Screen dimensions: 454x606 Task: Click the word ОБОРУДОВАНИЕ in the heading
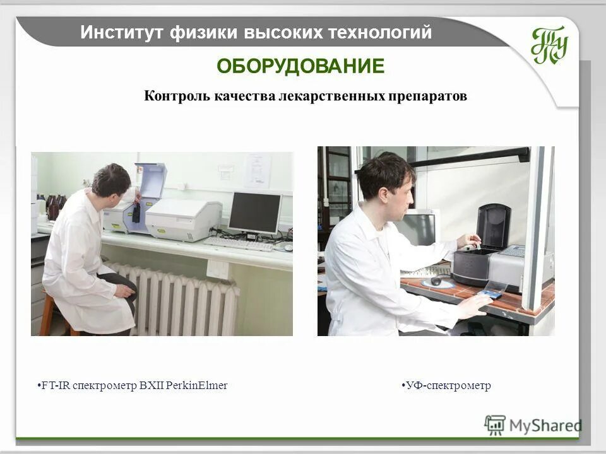[x=300, y=66]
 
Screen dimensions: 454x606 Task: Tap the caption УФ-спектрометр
[x=448, y=385]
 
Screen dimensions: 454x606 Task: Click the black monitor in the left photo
[x=254, y=212]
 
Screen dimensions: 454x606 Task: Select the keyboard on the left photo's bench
[x=238, y=243]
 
